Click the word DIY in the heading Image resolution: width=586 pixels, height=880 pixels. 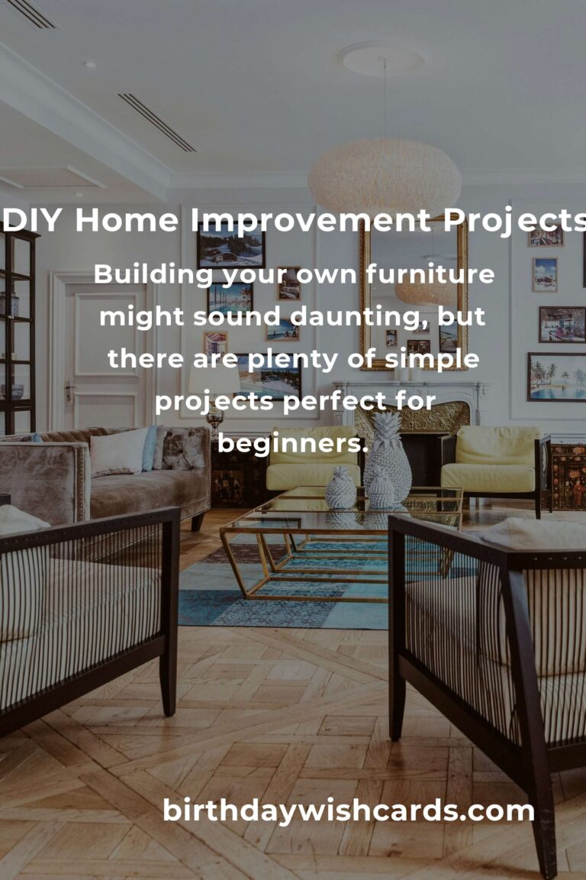pos(31,219)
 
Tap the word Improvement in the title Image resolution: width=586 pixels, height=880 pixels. pos(311,219)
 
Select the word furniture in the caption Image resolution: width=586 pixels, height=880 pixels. pos(430,274)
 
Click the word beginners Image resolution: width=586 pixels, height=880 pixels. pos(292,443)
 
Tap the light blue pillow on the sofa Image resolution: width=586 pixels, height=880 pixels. pos(150,448)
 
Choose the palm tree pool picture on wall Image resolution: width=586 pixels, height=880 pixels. pos(556,377)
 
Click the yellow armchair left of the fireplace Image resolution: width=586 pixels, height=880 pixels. pos(312,458)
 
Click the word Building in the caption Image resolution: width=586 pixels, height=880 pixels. pos(153,275)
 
